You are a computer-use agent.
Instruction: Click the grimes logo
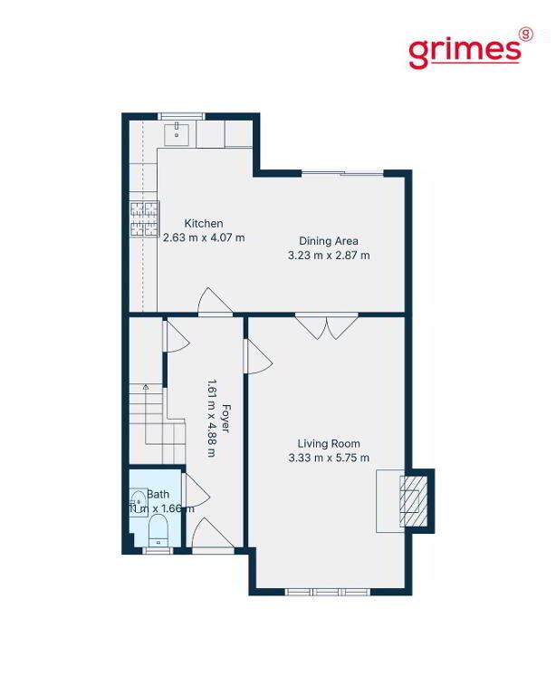470,49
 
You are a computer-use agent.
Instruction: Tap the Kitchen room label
204,223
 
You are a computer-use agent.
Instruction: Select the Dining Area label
329,241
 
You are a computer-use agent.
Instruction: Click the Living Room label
329,443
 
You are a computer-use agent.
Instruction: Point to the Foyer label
225,418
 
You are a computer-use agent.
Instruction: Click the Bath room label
158,494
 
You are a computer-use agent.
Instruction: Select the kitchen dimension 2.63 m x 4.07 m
204,237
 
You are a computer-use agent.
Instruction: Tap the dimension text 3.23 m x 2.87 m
329,256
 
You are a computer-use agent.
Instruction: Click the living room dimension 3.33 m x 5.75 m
329,458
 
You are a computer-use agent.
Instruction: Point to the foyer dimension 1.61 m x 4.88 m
212,418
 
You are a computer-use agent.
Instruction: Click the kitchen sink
177,134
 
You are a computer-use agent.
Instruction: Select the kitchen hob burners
144,219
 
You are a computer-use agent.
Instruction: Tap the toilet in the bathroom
158,529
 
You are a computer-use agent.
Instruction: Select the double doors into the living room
327,326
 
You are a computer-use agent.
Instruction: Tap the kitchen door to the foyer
215,302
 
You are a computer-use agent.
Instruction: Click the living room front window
327,592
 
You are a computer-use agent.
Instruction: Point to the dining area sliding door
342,173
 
